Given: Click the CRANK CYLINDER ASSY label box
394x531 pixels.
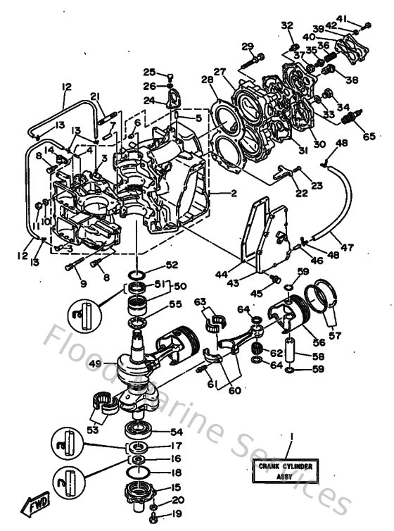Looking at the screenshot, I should pos(286,470).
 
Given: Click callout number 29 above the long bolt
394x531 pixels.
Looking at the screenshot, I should pos(247,46).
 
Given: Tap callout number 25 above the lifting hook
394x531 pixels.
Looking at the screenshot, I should pos(149,72).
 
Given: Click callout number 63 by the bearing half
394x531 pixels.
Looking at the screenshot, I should pos(201,301).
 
